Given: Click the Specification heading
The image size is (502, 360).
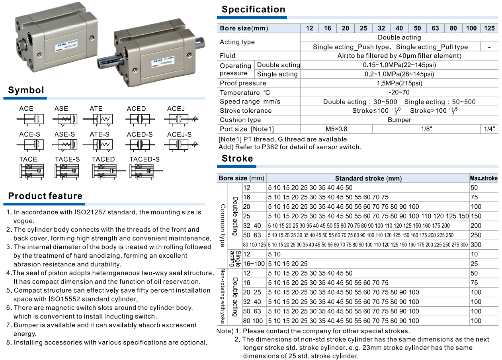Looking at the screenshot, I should pos(253,10).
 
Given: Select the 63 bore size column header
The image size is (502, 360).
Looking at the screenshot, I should pos(435,28).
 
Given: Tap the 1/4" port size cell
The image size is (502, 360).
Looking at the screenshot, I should pos(489,129).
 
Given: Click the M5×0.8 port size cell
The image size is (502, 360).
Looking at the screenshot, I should pos(336,129).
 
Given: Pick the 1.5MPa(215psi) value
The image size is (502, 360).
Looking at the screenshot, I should pos(399,83).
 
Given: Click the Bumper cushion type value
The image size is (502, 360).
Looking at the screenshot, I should pos(399,120).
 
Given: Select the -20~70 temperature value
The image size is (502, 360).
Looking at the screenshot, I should pos(399,92).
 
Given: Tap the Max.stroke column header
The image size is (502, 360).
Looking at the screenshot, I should pos(484,178).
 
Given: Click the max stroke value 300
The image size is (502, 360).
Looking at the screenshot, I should pos(476,245).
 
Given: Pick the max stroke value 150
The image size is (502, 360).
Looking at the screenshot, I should pos(476,216).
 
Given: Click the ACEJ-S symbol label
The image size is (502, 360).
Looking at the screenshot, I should pos(179,135).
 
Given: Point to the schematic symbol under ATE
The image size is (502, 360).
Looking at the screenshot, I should pos(98,119).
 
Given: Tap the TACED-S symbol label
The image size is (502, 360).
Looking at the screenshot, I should pos(145,159).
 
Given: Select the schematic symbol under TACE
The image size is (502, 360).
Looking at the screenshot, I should pos(31,171).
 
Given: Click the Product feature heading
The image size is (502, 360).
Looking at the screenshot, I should pos(45,196).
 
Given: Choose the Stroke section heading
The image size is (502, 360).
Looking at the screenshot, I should pos(237,158).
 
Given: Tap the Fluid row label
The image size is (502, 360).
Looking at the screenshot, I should pos(228,56).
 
